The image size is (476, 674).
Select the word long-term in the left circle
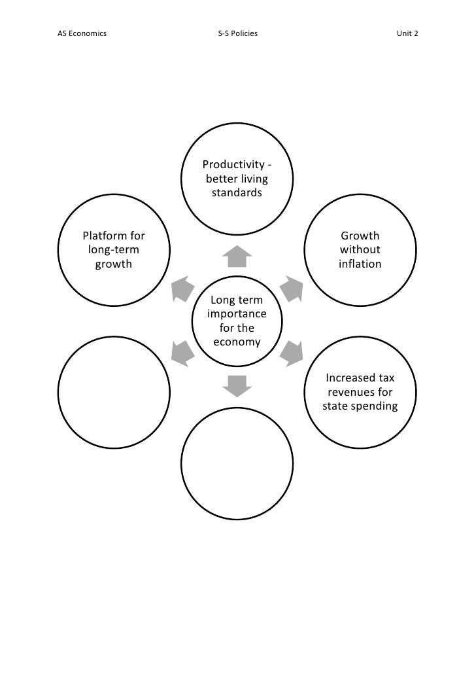[113, 250]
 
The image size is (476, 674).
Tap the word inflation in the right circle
[360, 264]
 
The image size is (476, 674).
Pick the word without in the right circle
[360, 250]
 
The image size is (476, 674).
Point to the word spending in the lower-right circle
[375, 407]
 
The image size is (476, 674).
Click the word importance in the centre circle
[237, 314]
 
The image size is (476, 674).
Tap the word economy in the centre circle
[237, 342]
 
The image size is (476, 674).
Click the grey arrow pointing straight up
[237, 257]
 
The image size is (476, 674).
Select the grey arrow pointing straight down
[237, 386]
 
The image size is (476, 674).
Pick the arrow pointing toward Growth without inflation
[292, 289]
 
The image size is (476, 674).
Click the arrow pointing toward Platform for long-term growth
[182, 289]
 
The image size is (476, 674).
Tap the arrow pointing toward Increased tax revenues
[292, 353]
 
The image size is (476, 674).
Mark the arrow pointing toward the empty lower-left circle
[182, 353]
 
